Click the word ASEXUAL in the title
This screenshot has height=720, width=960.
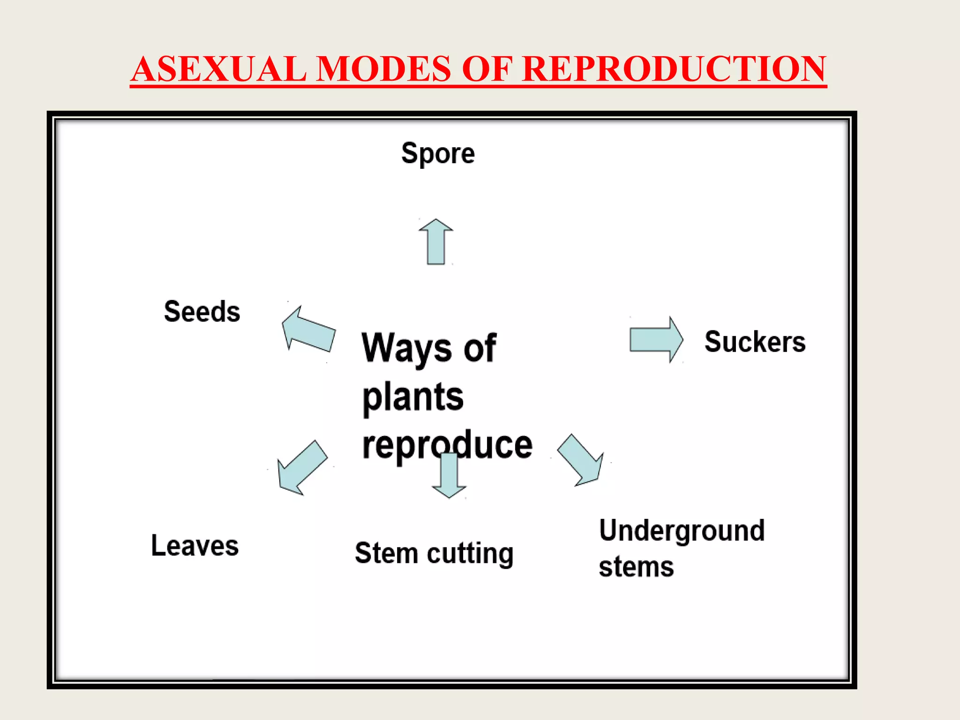[x=218, y=69]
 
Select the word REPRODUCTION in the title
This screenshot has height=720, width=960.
[x=674, y=69]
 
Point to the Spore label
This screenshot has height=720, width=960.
[x=438, y=153]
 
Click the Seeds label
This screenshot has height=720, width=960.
[x=202, y=311]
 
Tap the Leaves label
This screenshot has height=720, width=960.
[x=195, y=546]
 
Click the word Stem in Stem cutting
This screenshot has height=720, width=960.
[x=386, y=553]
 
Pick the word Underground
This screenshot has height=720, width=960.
[x=682, y=531]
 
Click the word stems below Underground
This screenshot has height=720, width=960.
[x=636, y=567]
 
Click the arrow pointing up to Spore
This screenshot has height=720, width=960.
[x=436, y=242]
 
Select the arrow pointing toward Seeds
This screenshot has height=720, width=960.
[x=308, y=330]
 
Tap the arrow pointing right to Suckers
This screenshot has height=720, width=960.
[x=655, y=340]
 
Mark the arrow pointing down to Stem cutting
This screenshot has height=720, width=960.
[x=449, y=476]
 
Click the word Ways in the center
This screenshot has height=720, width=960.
[x=406, y=348]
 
